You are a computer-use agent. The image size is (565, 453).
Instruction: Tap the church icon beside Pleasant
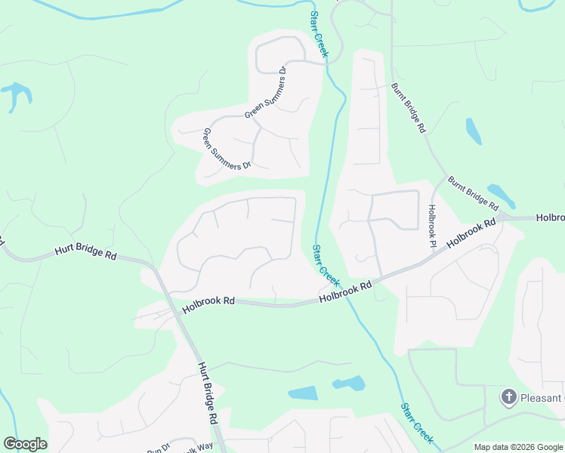click(509, 396)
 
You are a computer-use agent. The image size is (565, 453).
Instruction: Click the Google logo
click(25, 444)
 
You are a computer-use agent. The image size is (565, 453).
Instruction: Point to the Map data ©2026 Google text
click(518, 447)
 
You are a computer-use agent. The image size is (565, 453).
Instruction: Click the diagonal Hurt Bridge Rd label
click(208, 392)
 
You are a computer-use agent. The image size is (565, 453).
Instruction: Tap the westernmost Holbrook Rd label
click(208, 300)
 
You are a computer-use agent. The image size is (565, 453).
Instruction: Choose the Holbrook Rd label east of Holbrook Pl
click(471, 233)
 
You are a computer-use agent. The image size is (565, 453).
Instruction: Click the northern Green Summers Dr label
click(267, 94)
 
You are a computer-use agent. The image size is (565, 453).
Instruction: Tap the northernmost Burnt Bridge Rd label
click(409, 108)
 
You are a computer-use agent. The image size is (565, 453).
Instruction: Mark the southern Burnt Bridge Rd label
click(473, 193)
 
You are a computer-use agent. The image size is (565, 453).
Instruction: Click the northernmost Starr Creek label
click(319, 35)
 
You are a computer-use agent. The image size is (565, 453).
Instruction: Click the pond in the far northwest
click(17, 94)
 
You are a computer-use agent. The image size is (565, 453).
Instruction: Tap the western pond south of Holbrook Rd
click(303, 393)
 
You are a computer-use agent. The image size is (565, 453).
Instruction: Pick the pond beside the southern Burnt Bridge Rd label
click(501, 194)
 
